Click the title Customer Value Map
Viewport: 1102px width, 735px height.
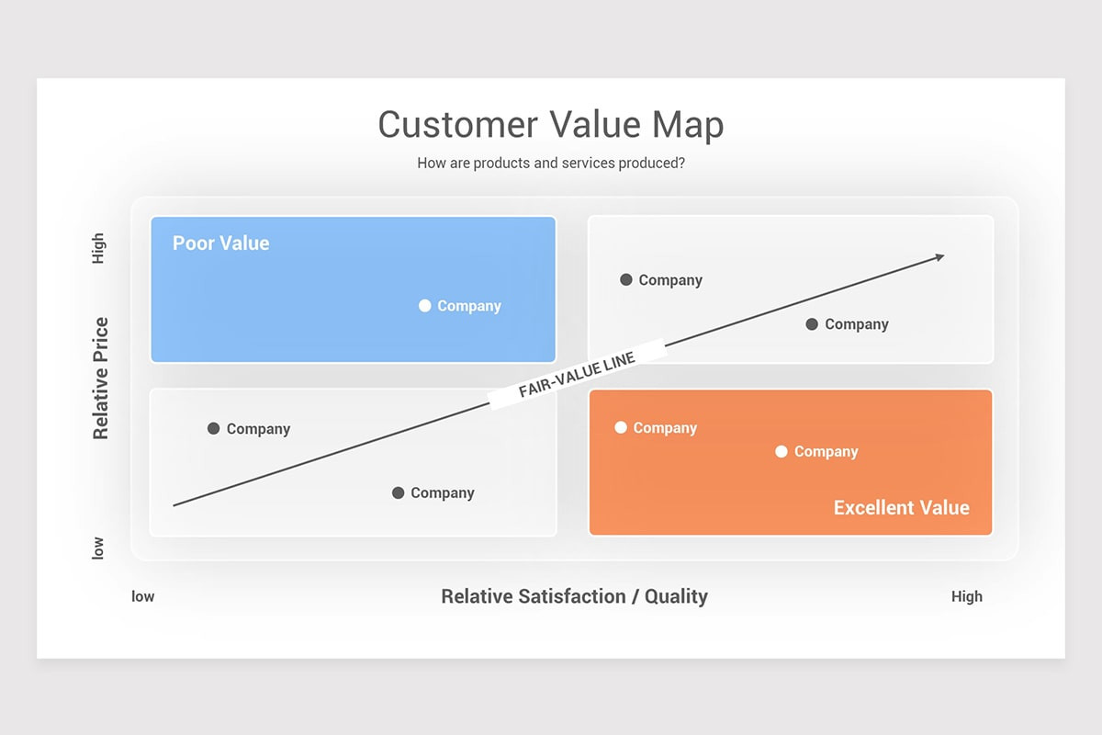(x=550, y=125)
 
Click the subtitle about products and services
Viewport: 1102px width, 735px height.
(x=550, y=164)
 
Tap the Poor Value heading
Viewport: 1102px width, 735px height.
(x=220, y=243)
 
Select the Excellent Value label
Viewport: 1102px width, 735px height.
(x=901, y=508)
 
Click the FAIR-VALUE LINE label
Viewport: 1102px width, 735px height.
(x=577, y=375)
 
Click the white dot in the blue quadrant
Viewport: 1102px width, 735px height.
(x=424, y=306)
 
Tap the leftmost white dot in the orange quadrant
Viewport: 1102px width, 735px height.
(x=621, y=427)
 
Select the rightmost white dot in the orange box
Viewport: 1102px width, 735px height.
(x=782, y=451)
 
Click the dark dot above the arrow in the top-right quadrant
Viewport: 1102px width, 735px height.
(x=626, y=279)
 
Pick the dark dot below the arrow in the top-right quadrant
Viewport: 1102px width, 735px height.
(x=812, y=323)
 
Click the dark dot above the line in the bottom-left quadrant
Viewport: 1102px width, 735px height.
(x=214, y=428)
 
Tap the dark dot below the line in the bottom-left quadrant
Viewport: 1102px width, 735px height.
(x=398, y=492)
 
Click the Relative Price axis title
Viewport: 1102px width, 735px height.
(x=100, y=378)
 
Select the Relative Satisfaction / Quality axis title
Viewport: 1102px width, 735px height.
(x=574, y=596)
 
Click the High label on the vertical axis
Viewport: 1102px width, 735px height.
(x=98, y=249)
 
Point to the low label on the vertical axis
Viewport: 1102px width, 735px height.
(x=98, y=548)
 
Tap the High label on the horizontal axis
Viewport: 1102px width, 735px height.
(x=966, y=596)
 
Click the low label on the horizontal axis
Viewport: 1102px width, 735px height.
(x=143, y=596)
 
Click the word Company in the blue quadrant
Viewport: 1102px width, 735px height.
(x=468, y=306)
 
